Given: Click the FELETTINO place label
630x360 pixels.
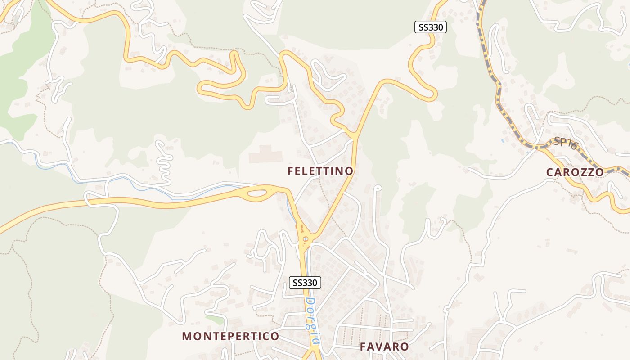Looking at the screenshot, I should coord(320,171).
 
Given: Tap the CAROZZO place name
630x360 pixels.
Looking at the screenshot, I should coord(575,172).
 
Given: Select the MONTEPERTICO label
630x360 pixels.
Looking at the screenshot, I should coord(230,336).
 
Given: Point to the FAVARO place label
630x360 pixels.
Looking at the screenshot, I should coord(384,346).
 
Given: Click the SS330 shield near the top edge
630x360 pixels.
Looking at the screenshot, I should coord(430,27).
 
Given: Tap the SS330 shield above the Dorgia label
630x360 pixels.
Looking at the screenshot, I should coord(305,283).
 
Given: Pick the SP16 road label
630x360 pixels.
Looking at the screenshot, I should coord(565,143).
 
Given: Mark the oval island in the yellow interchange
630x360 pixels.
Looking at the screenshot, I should coord(257,193).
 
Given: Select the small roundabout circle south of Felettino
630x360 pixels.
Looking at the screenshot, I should coord(306,239).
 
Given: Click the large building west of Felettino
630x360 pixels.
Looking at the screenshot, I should coord(265,154).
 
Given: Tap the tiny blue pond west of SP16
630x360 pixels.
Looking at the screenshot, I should coord(502,141).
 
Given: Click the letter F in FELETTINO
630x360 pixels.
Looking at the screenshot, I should coord(291,171).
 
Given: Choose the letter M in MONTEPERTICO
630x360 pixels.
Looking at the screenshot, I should coord(187,336).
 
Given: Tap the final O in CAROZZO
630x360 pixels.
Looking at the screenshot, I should coord(599,172).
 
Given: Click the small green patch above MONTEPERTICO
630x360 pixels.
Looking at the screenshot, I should coord(215,319).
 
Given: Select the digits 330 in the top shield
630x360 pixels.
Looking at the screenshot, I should coord(436,27).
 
